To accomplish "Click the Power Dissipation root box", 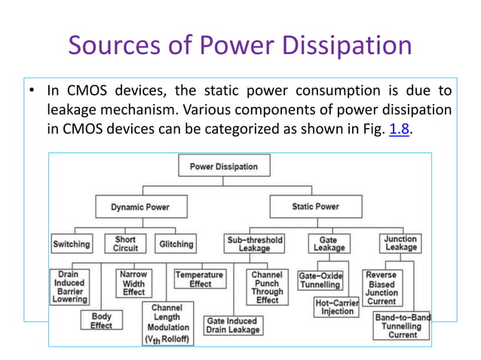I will click(223, 166).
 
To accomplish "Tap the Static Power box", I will click(315, 206).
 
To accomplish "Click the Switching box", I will click(72, 244).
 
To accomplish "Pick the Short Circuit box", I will click(125, 244).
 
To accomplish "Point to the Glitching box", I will click(176, 244).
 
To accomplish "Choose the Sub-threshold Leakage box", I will click(255, 244).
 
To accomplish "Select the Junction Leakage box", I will click(400, 244).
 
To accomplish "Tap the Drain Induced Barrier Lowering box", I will click(69, 286).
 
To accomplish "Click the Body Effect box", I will click(101, 322).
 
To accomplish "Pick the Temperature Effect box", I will click(200, 280).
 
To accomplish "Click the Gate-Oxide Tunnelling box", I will click(320, 280).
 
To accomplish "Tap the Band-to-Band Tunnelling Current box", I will click(403, 326).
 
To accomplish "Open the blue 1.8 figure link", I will click(399, 130).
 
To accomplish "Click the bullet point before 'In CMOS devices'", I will click(27, 92).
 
